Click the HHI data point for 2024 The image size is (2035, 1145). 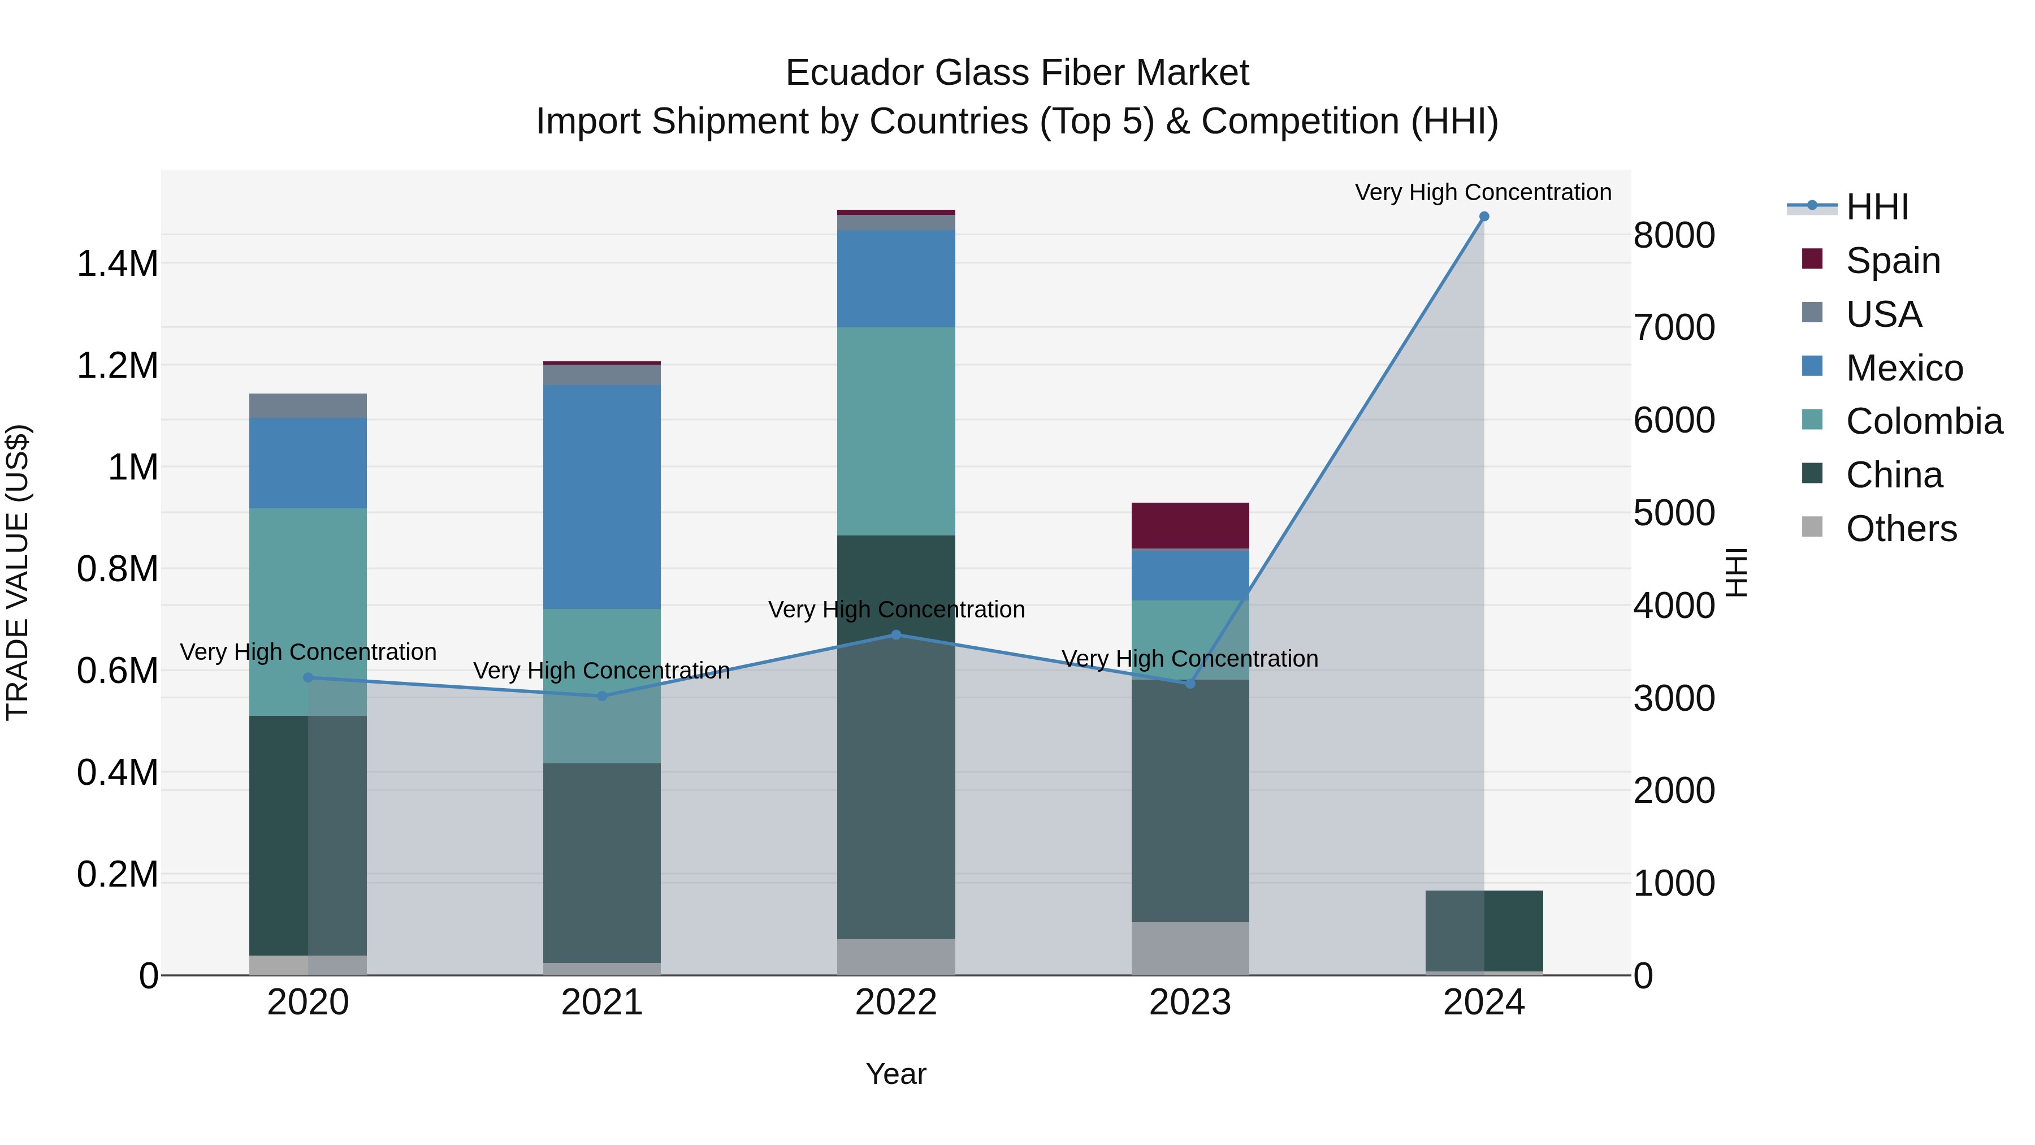pyautogui.click(x=1484, y=217)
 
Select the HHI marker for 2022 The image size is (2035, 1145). pyautogui.click(x=896, y=634)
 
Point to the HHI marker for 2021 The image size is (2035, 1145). pyautogui.click(x=602, y=696)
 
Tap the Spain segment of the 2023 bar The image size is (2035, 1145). pyautogui.click(x=1190, y=525)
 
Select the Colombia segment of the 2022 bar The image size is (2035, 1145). pyautogui.click(x=896, y=431)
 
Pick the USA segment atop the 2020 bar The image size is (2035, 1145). pyautogui.click(x=308, y=405)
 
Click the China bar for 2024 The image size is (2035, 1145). pyautogui.click(x=1484, y=930)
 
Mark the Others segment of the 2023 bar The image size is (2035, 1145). pyautogui.click(x=1190, y=948)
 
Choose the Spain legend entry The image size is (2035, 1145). pyautogui.click(x=1893, y=260)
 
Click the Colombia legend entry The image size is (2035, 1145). pyautogui.click(x=1924, y=421)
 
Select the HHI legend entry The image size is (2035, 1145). pyautogui.click(x=1877, y=207)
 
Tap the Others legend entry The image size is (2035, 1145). pyautogui.click(x=1900, y=529)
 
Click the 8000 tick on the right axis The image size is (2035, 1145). pyautogui.click(x=1674, y=235)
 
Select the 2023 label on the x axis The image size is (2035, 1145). pyautogui.click(x=1190, y=1002)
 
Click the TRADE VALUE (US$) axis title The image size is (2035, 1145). pyautogui.click(x=18, y=572)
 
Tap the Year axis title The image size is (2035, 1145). pyautogui.click(x=896, y=1074)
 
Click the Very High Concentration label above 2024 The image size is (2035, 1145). pyautogui.click(x=1483, y=192)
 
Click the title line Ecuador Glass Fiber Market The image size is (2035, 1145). pyautogui.click(x=1017, y=73)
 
